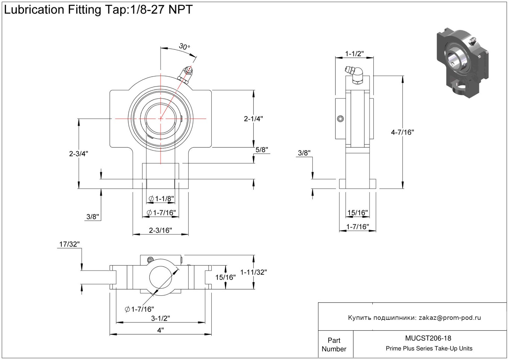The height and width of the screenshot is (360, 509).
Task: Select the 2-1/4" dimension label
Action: pyautogui.click(x=253, y=119)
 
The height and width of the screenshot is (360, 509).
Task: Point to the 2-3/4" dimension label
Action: pyautogui.click(x=78, y=154)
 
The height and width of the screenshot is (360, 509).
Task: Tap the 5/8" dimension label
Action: pyautogui.click(x=261, y=150)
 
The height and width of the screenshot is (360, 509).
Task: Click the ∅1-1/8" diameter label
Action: pyautogui.click(x=161, y=199)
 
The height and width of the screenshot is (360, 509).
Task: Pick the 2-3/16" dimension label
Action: pyautogui.click(x=160, y=230)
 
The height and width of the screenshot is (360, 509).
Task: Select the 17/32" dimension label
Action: pyautogui.click(x=70, y=244)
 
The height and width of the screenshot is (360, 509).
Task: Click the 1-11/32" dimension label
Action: pyautogui.click(x=253, y=272)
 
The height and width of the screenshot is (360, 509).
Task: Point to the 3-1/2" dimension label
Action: pyautogui.click(x=160, y=318)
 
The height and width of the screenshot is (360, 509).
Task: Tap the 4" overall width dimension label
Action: pyautogui.click(x=160, y=330)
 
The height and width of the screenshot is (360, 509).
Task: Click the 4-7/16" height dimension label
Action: pyautogui.click(x=402, y=132)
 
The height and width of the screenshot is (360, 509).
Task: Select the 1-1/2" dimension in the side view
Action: pyautogui.click(x=354, y=54)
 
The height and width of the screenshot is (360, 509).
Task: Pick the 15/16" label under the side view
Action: pyautogui.click(x=358, y=213)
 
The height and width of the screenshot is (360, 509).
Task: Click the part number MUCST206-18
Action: pyautogui.click(x=428, y=338)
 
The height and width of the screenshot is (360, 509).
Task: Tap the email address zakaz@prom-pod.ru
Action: pyautogui.click(x=450, y=318)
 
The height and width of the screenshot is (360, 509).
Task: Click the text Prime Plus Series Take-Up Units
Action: pyautogui.click(x=429, y=349)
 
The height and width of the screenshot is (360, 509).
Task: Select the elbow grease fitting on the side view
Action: pyautogui.click(x=355, y=74)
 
